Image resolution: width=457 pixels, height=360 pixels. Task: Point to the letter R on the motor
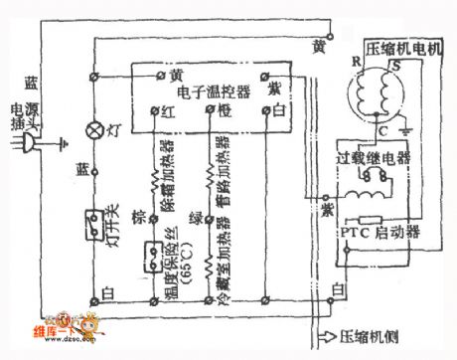(x=354, y=61)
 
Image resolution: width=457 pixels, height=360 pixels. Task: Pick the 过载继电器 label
(x=375, y=157)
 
